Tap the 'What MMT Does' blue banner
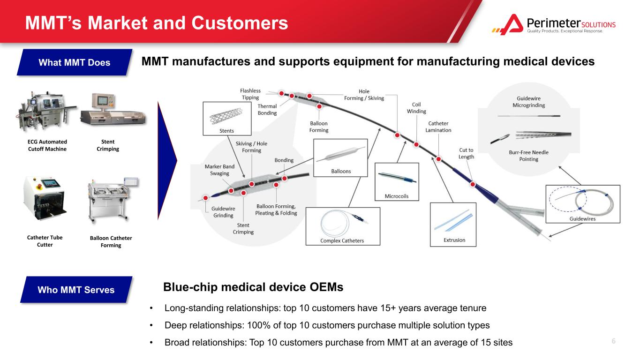(75, 62)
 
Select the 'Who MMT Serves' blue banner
(76, 289)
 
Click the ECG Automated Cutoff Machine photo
(46, 112)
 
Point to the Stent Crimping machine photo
(113, 110)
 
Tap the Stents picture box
(227, 119)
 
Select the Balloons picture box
(340, 158)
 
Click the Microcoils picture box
(397, 182)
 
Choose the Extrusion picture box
(453, 225)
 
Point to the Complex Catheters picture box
(343, 226)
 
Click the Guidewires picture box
(583, 204)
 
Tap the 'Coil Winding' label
(416, 108)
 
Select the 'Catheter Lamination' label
(438, 127)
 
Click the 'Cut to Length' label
(466, 153)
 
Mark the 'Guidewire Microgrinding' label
(528, 102)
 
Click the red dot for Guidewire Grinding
(205, 198)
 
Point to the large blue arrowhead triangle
(167, 161)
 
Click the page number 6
(613, 341)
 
